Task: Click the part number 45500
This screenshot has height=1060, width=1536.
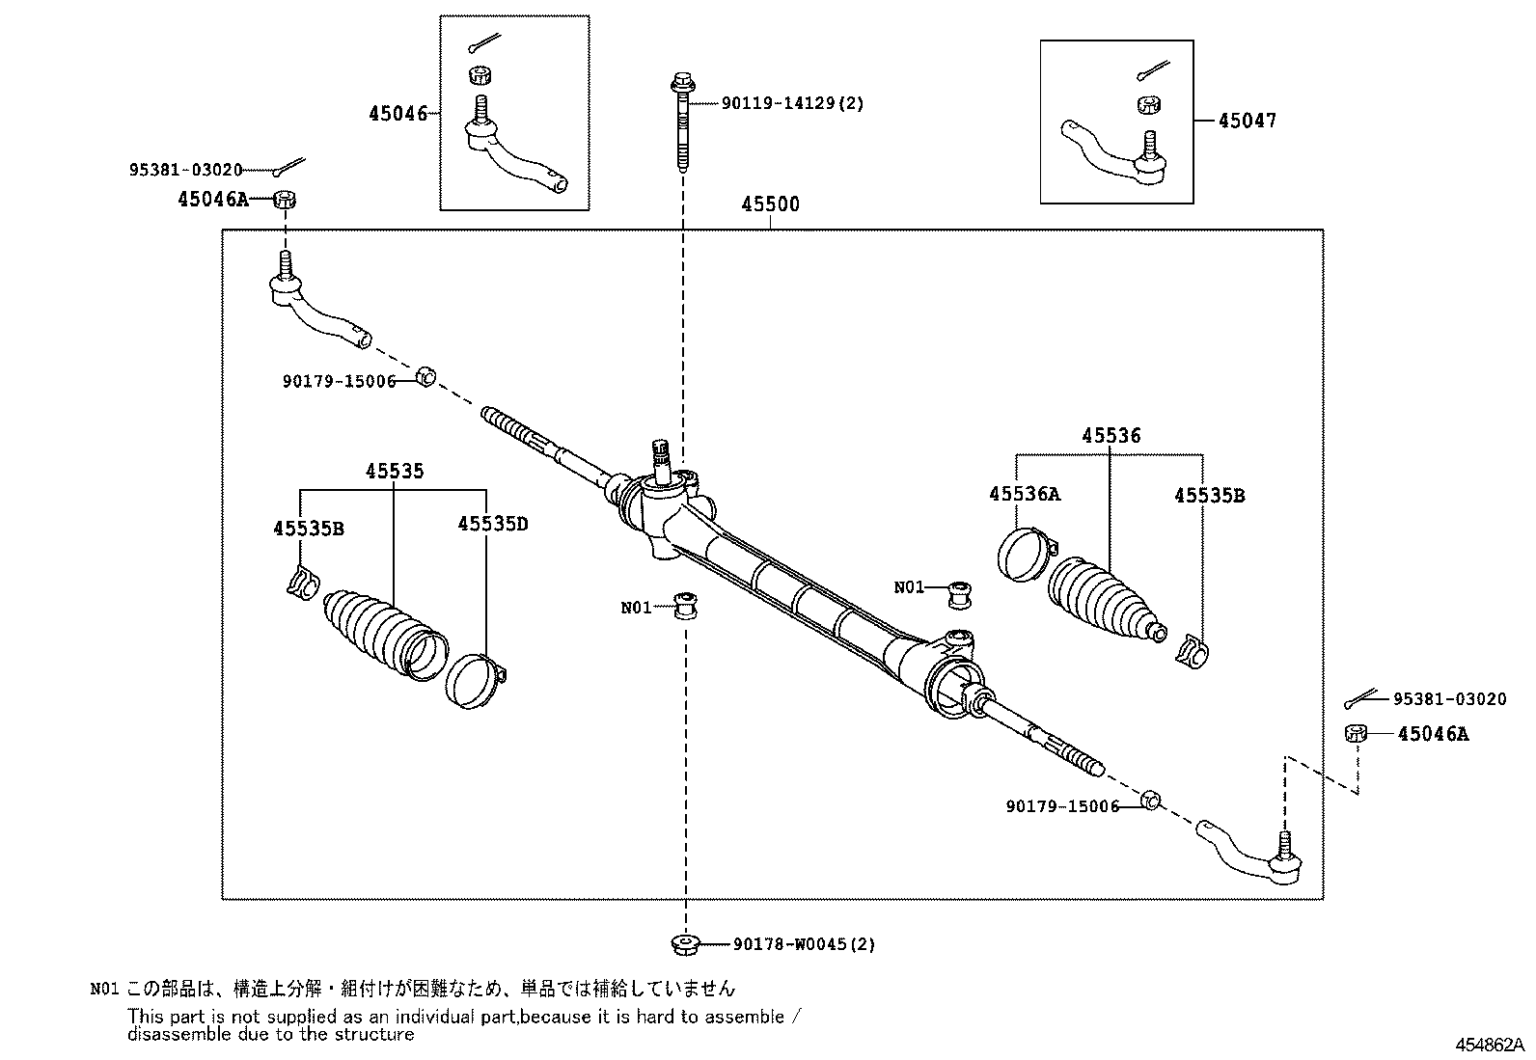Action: [x=770, y=205]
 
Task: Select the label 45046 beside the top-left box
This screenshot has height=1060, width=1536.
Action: [x=397, y=114]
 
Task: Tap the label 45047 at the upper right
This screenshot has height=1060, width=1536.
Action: [x=1247, y=121]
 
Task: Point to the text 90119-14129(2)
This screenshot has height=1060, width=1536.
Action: [x=792, y=103]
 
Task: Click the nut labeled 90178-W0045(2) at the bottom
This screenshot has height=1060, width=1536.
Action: [x=684, y=943]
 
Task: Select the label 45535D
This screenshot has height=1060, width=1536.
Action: [x=492, y=524]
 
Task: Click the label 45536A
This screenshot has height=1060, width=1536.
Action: [x=1024, y=494]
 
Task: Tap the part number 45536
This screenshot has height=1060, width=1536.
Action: [x=1111, y=436]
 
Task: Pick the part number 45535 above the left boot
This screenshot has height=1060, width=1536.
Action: [x=394, y=472]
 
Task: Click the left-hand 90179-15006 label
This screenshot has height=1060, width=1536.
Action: [x=339, y=381]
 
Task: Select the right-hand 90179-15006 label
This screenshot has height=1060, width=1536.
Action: [x=1061, y=805]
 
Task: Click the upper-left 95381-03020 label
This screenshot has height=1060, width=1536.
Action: [x=185, y=170]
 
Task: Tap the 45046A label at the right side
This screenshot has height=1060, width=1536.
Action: [x=1433, y=734]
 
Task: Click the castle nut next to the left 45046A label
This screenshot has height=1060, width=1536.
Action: [x=285, y=200]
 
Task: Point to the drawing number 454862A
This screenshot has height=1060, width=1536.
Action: [x=1490, y=1045]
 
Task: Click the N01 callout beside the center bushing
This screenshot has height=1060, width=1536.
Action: [x=636, y=608]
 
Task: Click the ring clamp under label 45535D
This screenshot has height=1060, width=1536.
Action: [x=475, y=679]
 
